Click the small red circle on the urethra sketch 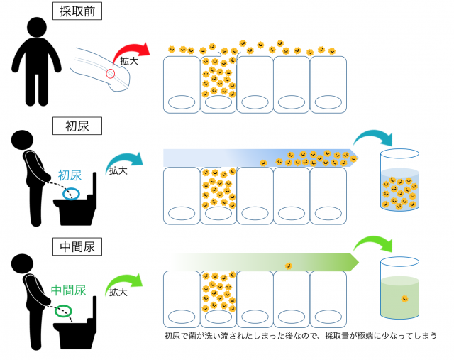pos(110,73)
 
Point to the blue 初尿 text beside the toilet pos(71,175)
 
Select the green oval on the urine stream pos(65,310)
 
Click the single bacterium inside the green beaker pos(404,298)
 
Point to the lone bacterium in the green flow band pos(289,266)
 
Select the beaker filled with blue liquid pos(399,182)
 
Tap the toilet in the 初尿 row pos(74,206)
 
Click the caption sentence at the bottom pos(300,335)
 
